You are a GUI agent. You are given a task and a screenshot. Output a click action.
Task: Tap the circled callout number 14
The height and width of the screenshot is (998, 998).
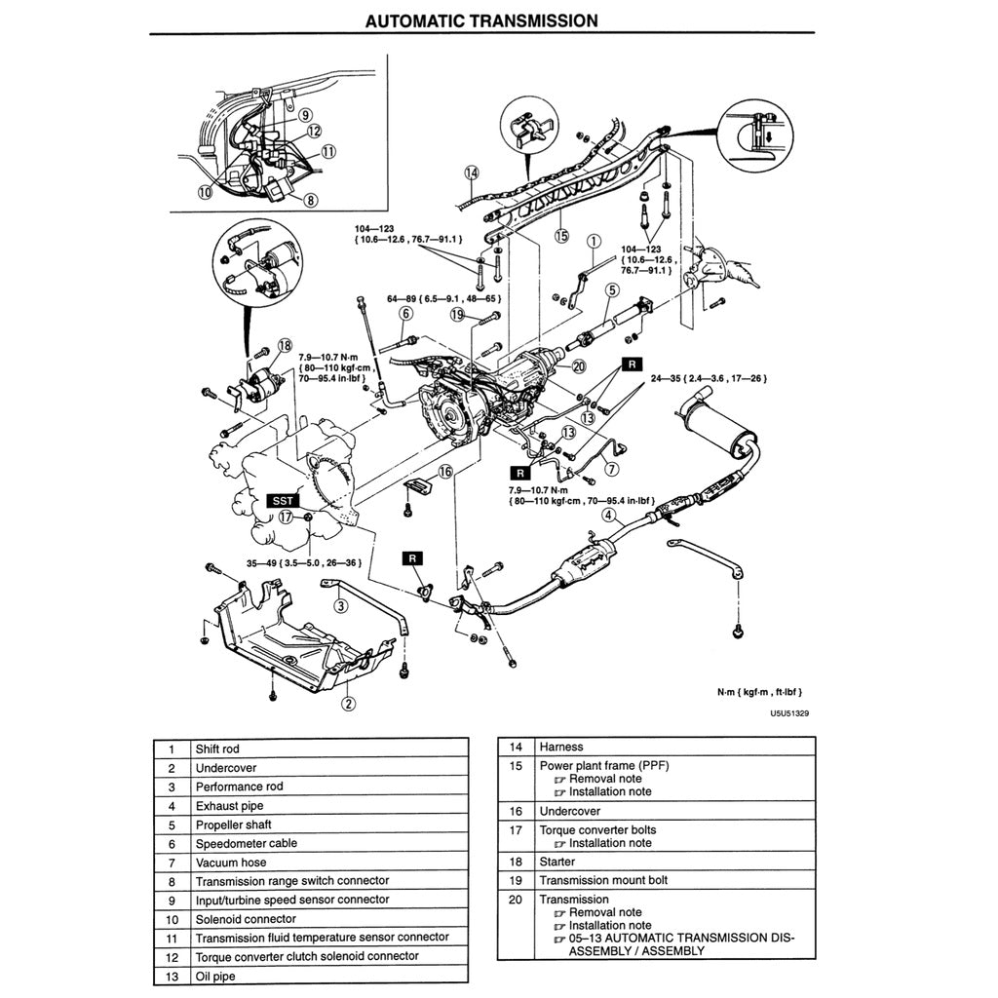pyautogui.click(x=472, y=173)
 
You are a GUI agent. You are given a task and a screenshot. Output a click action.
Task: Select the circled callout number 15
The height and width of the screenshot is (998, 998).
pyautogui.click(x=561, y=235)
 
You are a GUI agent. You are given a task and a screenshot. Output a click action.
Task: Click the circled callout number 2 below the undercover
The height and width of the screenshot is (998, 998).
pyautogui.click(x=348, y=701)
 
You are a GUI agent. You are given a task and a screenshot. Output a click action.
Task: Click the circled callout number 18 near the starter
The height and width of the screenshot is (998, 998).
pyautogui.click(x=285, y=345)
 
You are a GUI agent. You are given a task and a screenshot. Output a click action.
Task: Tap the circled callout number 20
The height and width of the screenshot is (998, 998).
pyautogui.click(x=578, y=366)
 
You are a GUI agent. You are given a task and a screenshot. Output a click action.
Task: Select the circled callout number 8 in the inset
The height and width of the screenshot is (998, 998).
pyautogui.click(x=311, y=201)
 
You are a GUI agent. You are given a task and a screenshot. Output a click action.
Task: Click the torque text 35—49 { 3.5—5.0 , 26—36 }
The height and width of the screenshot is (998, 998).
pyautogui.click(x=303, y=562)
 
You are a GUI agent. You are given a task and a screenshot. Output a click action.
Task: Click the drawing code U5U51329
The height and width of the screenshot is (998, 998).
pyautogui.click(x=789, y=712)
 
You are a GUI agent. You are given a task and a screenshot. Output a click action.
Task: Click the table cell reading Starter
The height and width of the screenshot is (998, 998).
pyautogui.click(x=557, y=862)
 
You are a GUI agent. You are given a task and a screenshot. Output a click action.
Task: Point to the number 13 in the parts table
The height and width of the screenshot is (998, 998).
pyautogui.click(x=172, y=975)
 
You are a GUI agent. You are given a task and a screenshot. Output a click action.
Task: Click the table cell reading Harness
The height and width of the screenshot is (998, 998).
pyautogui.click(x=560, y=747)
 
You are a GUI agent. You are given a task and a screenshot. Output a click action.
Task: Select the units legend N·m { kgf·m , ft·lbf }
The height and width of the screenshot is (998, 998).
pyautogui.click(x=759, y=692)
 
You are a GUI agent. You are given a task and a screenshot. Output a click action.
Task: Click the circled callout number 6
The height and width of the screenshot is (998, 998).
pyautogui.click(x=405, y=314)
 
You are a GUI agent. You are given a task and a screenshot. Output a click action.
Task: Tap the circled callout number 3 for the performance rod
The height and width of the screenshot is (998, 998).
pyautogui.click(x=340, y=606)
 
